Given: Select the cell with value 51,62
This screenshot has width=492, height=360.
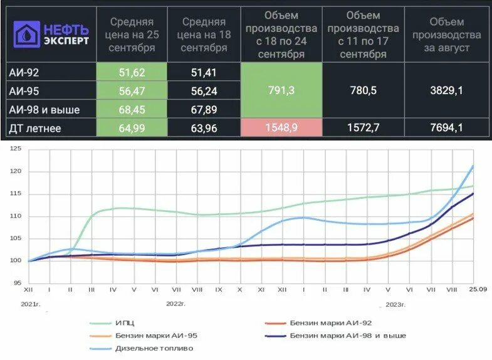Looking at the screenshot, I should (132, 72).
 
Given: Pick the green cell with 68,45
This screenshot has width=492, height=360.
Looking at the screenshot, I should (132, 110).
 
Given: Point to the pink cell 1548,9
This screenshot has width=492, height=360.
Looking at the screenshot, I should (281, 128).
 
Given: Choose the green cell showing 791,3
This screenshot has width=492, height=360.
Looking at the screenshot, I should (281, 91).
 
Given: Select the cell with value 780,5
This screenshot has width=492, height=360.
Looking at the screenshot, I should (364, 91).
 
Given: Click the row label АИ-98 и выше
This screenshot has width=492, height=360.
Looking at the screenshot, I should (41, 110).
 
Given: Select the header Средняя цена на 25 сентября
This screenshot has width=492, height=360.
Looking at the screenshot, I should (132, 34).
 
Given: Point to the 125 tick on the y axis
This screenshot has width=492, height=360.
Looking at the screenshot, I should (16, 149).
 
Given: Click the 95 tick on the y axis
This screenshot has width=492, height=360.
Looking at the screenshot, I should (17, 283).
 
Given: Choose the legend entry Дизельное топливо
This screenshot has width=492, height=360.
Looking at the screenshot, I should (154, 347).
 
